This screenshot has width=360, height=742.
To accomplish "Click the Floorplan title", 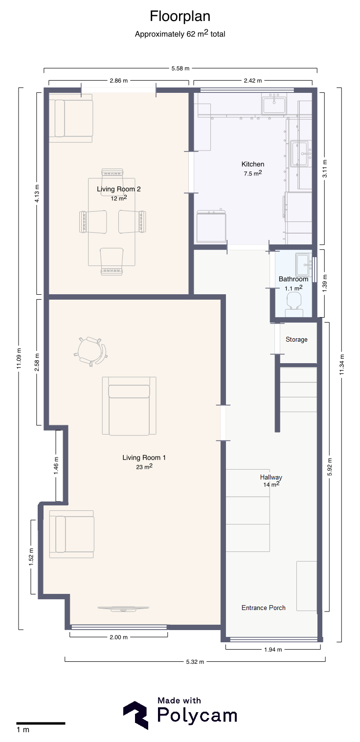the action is coord(180,16).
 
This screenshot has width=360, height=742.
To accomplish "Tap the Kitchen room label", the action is coord(252,164).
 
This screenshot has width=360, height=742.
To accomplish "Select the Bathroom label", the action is coord(293,279).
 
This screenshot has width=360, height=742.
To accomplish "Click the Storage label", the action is coord(296,340).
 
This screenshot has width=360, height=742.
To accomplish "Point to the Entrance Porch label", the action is coord(263,608).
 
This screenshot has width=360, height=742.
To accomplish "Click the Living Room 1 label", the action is coord(144,458).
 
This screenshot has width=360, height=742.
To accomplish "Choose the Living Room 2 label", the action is coord(119,189).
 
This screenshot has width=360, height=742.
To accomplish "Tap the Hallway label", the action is coord(271,477).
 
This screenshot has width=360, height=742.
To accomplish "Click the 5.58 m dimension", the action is coord(180,68).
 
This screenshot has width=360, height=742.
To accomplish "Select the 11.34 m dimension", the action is coord(342,365).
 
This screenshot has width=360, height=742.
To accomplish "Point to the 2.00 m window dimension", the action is coord(119,637).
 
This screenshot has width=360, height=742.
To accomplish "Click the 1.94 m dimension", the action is coord(273,650).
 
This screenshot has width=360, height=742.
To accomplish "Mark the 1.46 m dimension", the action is coord(56,465).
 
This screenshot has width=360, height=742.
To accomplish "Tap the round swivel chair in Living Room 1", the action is coord(90,351).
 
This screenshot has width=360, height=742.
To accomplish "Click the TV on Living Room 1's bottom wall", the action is coord(123,608).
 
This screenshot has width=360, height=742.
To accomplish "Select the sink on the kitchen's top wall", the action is coord(274,103).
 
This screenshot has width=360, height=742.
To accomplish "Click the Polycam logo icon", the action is coord(136,715).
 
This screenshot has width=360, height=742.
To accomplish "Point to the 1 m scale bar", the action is coord(41,723).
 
